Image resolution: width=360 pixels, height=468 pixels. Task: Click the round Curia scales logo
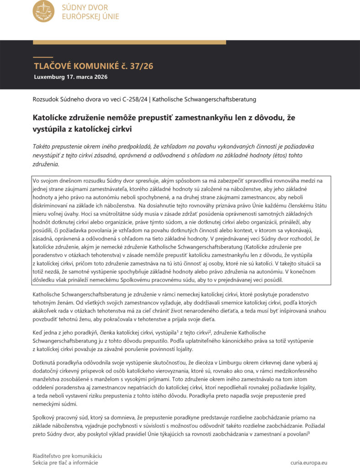click(x=43, y=11)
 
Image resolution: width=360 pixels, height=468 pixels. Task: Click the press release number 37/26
click(x=141, y=66)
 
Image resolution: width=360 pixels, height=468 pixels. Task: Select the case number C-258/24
click(x=136, y=99)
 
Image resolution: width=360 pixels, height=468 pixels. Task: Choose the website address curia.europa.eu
click(x=309, y=463)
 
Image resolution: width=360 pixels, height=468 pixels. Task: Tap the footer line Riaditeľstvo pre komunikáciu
click(x=67, y=456)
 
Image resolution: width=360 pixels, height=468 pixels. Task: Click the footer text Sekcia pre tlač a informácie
click(x=65, y=463)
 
